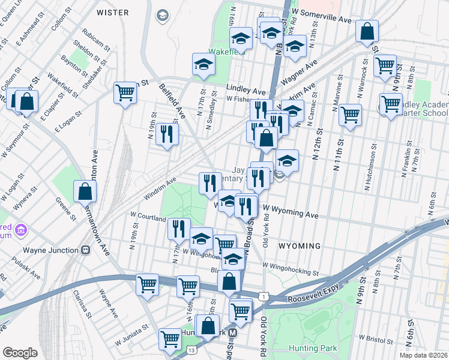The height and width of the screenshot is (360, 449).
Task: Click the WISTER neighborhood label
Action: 112,13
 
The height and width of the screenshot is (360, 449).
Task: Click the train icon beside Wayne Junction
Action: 86,250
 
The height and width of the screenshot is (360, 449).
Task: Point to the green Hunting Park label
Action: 313,348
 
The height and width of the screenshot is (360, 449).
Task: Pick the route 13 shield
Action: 191,349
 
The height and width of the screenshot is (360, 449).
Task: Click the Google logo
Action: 20,352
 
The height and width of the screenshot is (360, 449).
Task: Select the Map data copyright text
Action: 423,355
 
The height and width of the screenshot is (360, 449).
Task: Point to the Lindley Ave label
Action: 246,91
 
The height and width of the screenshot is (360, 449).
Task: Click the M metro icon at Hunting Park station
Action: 233,332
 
